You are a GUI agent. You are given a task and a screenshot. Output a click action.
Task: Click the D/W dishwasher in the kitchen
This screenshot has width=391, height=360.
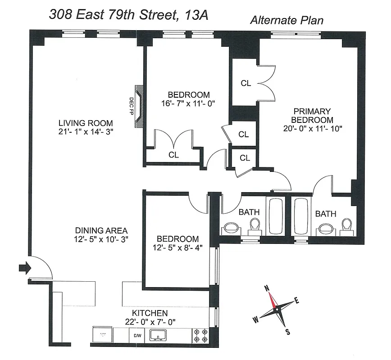(137, 335)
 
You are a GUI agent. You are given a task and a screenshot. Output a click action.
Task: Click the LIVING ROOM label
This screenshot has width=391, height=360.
(86, 123)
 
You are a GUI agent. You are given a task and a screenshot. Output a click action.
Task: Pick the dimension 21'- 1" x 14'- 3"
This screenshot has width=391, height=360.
(86, 132)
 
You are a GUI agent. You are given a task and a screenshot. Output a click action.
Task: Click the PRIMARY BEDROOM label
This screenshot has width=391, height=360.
(312, 116)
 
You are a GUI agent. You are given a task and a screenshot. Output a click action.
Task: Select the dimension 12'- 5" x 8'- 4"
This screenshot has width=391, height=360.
(177, 248)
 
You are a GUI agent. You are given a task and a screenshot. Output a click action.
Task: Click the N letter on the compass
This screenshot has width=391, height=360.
(267, 289)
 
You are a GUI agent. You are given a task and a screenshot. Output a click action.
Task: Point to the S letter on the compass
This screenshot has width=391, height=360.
(287, 332)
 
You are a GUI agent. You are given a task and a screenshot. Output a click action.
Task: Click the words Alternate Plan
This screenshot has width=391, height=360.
(287, 20)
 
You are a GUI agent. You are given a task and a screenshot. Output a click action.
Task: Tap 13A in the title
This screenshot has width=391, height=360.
(196, 15)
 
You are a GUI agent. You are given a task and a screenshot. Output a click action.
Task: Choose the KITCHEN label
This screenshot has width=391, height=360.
(150, 313)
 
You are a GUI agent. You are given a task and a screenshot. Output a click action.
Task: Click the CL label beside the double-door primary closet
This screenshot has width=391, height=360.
(246, 83)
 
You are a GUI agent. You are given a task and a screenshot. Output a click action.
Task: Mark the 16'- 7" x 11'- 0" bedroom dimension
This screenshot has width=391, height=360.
(189, 103)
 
